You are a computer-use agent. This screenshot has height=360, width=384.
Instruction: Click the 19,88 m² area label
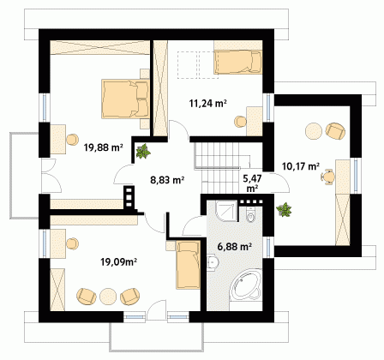[x=104, y=147]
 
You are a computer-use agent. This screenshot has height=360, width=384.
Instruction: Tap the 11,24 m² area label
[x=208, y=103]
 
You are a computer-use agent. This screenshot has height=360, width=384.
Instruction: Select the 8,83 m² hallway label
[x=167, y=180]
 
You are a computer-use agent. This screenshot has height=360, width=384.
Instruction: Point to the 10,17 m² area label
[x=301, y=165]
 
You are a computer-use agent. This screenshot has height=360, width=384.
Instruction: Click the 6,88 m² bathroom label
[x=234, y=246]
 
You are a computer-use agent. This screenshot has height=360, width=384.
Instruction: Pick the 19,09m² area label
[x=118, y=261]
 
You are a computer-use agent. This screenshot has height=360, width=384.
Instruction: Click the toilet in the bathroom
[x=250, y=215]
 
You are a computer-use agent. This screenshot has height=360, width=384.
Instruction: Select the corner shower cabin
[x=226, y=211]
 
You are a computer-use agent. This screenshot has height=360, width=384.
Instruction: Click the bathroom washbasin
[x=213, y=262]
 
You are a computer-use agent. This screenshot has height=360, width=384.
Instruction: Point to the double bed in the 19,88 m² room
[x=125, y=99]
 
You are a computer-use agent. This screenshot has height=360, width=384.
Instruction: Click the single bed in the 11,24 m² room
[x=238, y=62]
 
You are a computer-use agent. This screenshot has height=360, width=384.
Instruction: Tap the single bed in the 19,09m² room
[x=188, y=265]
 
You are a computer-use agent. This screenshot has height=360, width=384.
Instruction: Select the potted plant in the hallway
[x=143, y=151]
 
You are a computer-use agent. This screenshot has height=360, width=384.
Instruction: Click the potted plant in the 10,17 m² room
[x=284, y=209]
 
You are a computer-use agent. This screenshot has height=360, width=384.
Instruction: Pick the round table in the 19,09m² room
[x=108, y=296]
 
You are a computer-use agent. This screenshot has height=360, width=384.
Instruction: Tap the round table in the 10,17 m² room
[x=314, y=131]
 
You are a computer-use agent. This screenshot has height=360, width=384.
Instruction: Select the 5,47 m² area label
[x=252, y=183]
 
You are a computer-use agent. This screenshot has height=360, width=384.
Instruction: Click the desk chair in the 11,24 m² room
[x=240, y=122]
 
